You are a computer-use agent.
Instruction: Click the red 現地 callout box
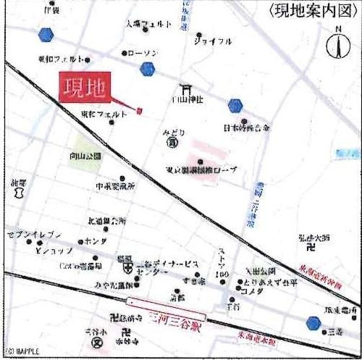coord(83,88)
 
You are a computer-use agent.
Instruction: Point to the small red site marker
coord(139,111)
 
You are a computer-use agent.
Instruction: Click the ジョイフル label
coord(214,42)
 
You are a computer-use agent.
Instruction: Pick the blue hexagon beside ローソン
coord(148,70)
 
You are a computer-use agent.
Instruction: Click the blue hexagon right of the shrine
coord(235,106)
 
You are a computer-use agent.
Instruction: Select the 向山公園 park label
coord(87,156)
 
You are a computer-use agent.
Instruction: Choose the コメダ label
coord(253,291)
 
